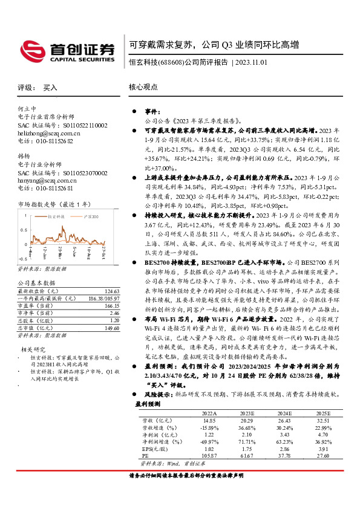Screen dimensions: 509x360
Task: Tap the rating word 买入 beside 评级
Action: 50,88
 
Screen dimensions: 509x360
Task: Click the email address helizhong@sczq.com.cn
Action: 49,132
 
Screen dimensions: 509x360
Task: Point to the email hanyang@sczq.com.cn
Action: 46,180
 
